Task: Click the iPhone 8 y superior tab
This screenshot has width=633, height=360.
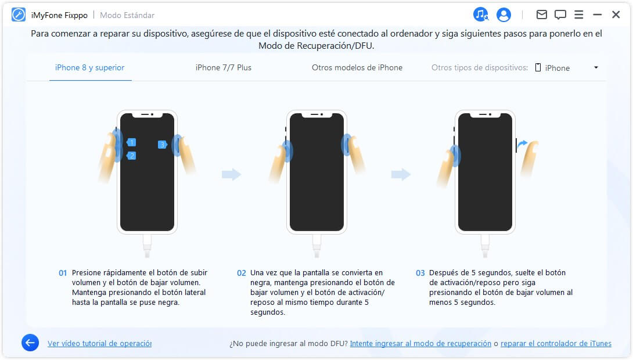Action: [x=90, y=68]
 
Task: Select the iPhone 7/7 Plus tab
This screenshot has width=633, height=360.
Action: [x=224, y=68]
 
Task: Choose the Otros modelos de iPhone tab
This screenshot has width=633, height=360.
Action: [x=357, y=68]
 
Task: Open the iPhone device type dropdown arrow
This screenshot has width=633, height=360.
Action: [x=596, y=68]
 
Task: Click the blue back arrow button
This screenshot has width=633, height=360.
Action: [x=30, y=343]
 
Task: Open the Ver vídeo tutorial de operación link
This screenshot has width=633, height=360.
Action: [x=99, y=344]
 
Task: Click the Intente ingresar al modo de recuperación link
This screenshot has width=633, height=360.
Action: [x=420, y=344]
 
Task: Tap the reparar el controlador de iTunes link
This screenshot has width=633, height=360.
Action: [x=556, y=344]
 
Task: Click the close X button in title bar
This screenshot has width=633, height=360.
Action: [x=616, y=15]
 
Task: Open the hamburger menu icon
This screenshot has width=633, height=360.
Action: [x=578, y=15]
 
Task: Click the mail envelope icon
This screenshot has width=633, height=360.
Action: [x=541, y=15]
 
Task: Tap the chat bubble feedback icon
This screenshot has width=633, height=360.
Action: [x=560, y=15]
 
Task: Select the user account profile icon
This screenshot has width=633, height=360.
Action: [x=503, y=15]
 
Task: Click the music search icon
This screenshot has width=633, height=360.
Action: [x=481, y=15]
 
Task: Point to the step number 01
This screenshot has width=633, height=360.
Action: [x=63, y=273]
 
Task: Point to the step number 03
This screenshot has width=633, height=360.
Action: [x=420, y=273]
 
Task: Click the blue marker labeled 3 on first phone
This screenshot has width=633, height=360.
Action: [x=162, y=145]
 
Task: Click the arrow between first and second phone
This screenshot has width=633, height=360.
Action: [x=232, y=174]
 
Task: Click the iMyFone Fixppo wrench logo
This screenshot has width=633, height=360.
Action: [x=19, y=15]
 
